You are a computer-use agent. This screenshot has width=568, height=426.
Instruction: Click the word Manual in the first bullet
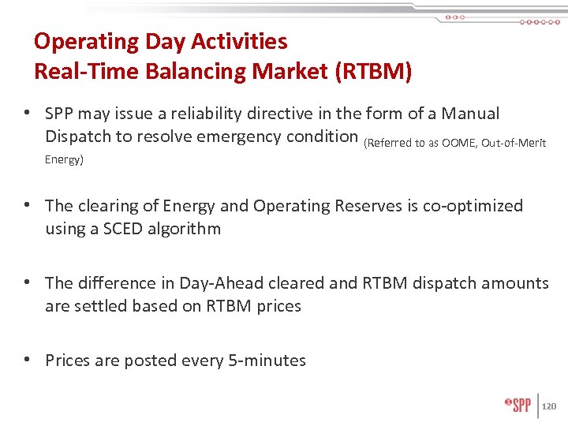470,114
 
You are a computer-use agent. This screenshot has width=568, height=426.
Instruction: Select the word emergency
224,136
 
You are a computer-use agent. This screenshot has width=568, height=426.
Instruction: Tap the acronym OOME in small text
459,142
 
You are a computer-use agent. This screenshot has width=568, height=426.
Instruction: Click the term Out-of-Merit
514,142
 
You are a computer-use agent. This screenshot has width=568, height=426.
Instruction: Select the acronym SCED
126,229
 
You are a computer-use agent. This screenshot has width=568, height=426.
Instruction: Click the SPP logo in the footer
518,405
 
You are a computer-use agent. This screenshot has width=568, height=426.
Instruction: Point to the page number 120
550,406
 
